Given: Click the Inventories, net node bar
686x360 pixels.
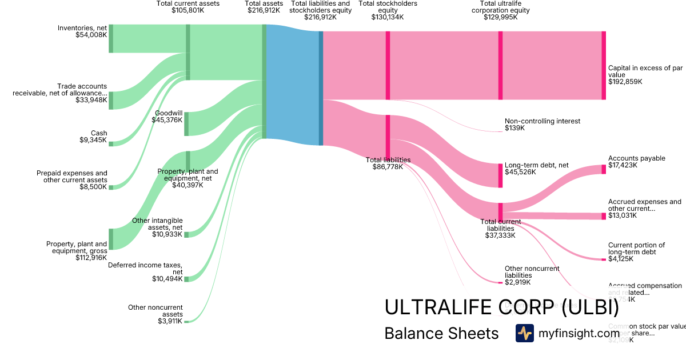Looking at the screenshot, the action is [x=111, y=39].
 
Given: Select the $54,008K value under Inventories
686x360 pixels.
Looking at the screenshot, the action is [x=91, y=35].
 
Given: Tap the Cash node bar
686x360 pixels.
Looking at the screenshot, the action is [x=111, y=143].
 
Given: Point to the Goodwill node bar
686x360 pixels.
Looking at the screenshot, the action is [x=186, y=124].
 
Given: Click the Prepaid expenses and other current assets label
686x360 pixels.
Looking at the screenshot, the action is [x=72, y=177].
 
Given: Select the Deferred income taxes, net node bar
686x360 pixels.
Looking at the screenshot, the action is [x=186, y=279].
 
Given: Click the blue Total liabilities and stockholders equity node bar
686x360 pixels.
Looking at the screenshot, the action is [x=321, y=88].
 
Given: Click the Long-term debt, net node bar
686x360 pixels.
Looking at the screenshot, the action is [x=500, y=175].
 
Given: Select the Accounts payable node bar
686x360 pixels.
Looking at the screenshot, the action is [x=604, y=169].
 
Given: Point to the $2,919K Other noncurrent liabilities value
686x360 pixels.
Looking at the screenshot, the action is [x=517, y=282].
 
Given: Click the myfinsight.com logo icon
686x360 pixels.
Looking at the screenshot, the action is [x=524, y=333].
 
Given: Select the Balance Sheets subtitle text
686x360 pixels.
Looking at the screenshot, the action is [x=441, y=333].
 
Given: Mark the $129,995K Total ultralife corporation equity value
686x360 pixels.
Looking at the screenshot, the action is [x=501, y=17].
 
